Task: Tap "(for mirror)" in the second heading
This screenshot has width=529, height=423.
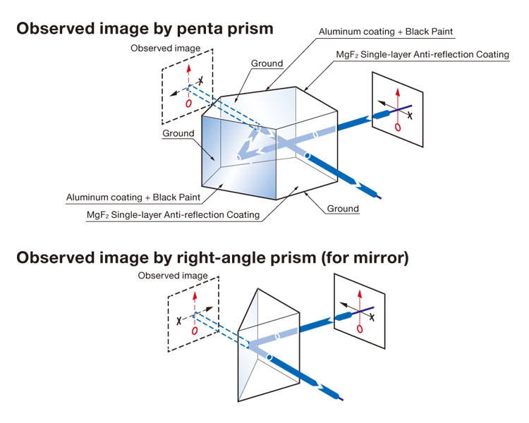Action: [364, 257]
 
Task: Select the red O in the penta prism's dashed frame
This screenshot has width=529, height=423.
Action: [188, 103]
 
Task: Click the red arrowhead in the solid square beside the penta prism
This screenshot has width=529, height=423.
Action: [399, 92]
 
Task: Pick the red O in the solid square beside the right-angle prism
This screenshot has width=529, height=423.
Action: [361, 329]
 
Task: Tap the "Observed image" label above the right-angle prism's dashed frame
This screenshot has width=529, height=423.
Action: [173, 275]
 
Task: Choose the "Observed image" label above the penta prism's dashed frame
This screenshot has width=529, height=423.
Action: [166, 48]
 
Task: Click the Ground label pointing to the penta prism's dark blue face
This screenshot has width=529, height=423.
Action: [178, 133]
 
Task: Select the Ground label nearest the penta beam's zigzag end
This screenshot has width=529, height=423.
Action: [343, 208]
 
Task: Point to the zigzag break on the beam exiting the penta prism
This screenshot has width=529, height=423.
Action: [367, 186]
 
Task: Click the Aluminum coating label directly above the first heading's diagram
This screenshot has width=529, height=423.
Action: [385, 32]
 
